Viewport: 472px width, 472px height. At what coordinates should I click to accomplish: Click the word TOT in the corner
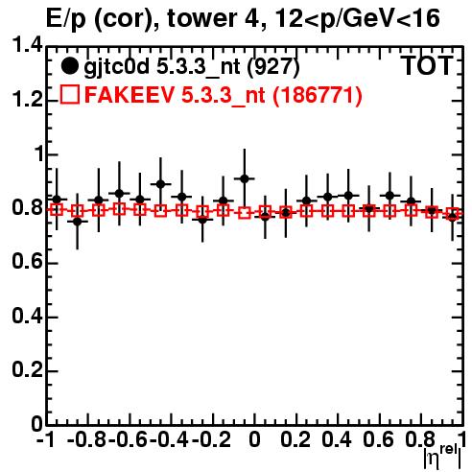427,65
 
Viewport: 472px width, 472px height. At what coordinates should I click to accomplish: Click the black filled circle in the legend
69,66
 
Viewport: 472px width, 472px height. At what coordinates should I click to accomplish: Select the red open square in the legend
70,95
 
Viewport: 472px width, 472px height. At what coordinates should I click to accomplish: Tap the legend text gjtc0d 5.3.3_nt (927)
192,67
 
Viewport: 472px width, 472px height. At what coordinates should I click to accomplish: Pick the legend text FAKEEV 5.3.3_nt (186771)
224,95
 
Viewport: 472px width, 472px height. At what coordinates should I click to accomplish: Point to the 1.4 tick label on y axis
27,47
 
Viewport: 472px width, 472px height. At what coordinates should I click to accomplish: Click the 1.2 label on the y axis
27,101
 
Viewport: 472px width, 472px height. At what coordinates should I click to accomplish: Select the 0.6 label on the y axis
27,263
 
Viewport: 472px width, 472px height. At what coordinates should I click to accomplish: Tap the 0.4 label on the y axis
27,317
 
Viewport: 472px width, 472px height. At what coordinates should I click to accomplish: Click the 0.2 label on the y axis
27,371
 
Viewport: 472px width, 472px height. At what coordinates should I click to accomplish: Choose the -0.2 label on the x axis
211,440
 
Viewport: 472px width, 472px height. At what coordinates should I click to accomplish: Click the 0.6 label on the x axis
379,440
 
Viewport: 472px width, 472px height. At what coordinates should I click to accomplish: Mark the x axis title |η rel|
442,457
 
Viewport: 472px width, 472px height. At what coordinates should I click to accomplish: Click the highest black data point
245,178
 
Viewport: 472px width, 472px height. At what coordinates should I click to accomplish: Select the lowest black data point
78,221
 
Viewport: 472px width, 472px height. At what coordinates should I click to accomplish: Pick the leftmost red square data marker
57,210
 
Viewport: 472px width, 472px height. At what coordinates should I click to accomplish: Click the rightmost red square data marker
453,213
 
